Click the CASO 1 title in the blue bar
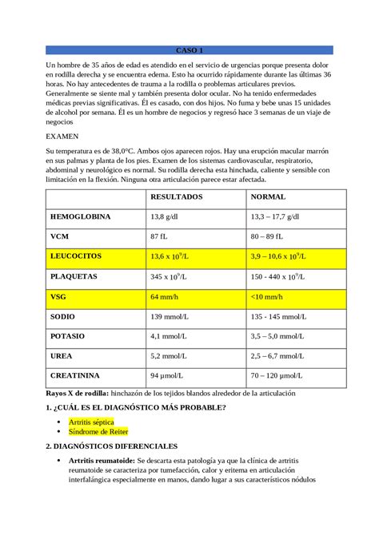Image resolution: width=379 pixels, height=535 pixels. pos(189,50)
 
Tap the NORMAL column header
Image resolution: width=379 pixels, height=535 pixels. pos(269,196)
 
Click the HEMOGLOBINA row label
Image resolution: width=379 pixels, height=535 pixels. pos(80,216)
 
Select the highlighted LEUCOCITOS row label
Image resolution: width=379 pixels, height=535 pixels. pos(76,256)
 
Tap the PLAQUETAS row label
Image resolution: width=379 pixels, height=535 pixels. pos(74,276)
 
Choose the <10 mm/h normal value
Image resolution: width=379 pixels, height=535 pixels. pos(268,296)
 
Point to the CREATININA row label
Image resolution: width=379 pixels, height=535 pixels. pos(75,374)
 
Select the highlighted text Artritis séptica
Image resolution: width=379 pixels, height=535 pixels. pos(91,421)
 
